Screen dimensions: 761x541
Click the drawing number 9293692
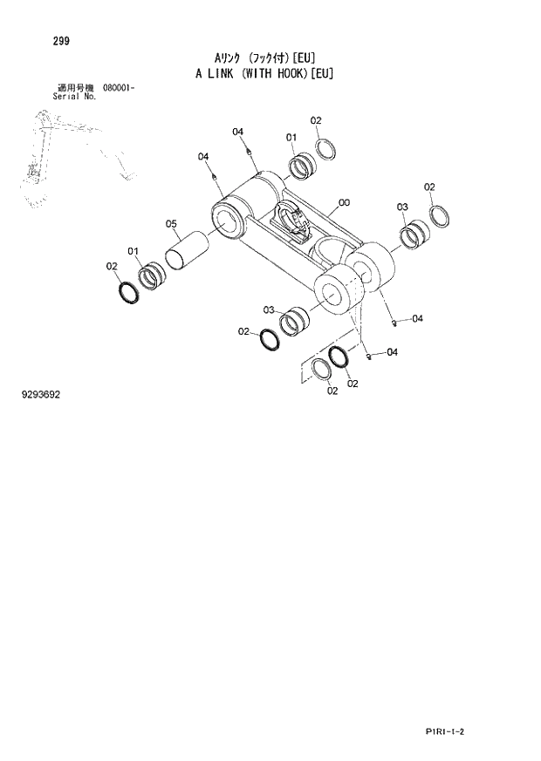pos(40,395)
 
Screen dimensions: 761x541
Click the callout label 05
pos(172,223)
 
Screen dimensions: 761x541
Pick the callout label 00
pos(344,203)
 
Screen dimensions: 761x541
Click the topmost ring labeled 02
pos(325,149)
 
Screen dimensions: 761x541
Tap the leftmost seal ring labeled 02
pos(128,292)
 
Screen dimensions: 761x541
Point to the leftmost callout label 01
pos(134,252)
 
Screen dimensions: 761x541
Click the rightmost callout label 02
pos(429,187)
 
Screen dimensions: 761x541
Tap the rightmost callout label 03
pos(402,207)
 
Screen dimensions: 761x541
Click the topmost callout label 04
pos(237,132)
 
